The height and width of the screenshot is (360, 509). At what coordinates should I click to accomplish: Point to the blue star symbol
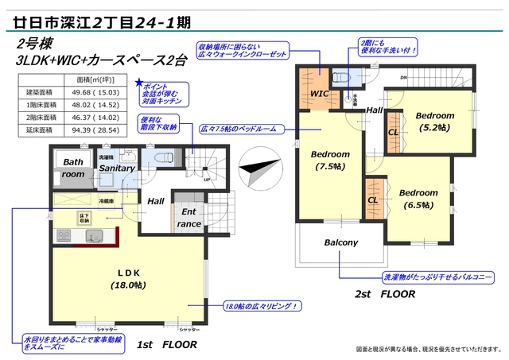point(140,82)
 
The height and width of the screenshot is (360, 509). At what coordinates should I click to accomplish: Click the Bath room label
point(73,168)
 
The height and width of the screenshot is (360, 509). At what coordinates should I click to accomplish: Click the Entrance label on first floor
point(189,218)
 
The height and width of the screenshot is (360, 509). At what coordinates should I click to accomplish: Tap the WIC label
point(319,94)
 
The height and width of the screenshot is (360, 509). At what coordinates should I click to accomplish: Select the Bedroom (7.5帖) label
point(329,160)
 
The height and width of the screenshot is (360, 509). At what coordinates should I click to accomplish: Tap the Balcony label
point(340,242)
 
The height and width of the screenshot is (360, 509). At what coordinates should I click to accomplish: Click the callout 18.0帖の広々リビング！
point(262,305)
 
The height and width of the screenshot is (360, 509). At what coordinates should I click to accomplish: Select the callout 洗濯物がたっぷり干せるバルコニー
point(438,277)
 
